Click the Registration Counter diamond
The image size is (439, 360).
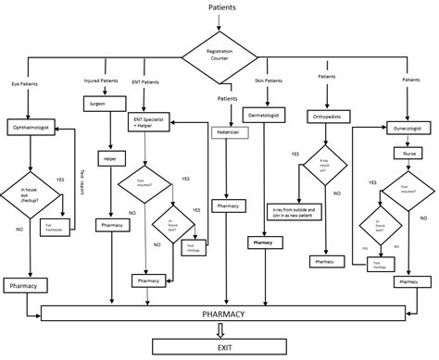click(x=219, y=56)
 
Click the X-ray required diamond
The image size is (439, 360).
click(x=328, y=166)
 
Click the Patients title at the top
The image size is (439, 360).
click(x=220, y=7)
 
